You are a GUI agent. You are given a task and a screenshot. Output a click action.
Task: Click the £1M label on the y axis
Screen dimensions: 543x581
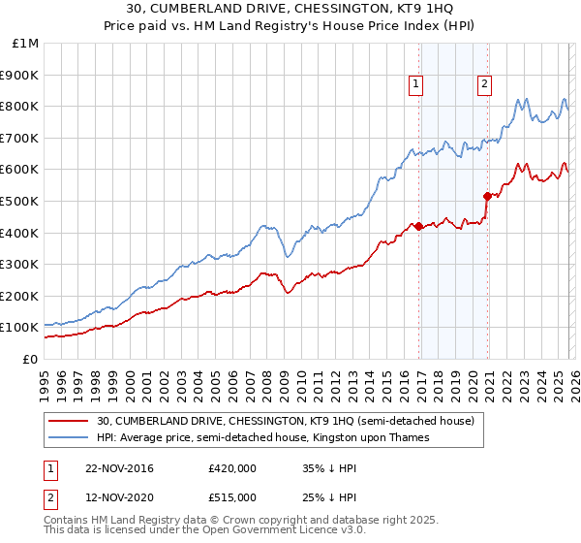tap(26, 44)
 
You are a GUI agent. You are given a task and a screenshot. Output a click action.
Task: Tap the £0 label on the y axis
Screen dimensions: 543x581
tap(30, 359)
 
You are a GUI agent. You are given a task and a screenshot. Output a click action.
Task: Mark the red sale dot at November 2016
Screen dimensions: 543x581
tap(417, 226)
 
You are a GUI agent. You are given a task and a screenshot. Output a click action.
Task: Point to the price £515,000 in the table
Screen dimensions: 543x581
tap(231, 496)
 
